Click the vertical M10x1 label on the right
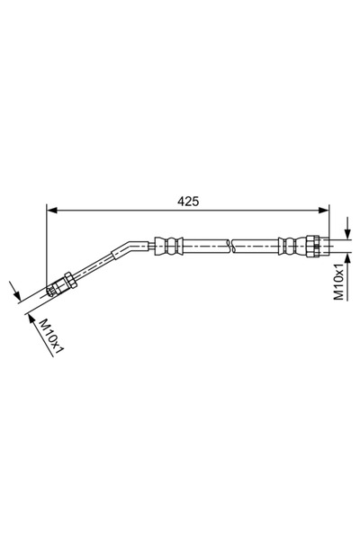[x=339, y=282]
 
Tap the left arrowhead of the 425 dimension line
[x=51, y=211]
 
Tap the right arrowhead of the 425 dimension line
[x=323, y=211]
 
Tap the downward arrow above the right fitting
[x=346, y=230]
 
